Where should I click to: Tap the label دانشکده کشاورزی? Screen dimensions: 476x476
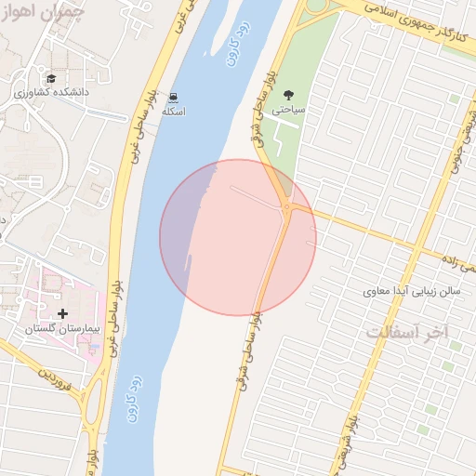click(48, 93)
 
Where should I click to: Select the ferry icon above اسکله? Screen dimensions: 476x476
click(174, 97)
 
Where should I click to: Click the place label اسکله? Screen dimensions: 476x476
click(174, 112)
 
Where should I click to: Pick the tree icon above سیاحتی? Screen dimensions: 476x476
click(288, 94)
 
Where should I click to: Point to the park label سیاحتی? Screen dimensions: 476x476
click(288, 109)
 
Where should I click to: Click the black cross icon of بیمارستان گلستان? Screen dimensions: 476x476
click(63, 314)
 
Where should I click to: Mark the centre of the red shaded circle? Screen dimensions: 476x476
click(238, 237)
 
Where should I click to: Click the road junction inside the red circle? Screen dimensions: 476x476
click(287, 207)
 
